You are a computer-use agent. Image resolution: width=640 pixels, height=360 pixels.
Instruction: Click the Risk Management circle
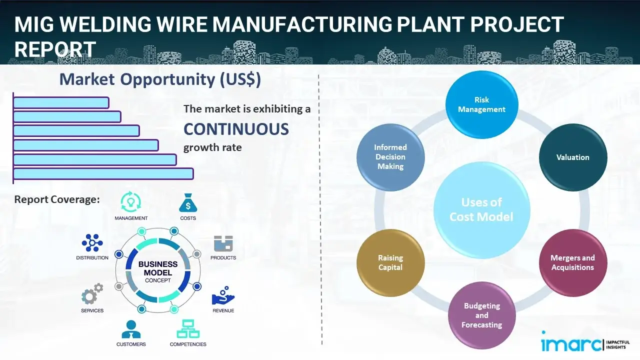coord(481,105)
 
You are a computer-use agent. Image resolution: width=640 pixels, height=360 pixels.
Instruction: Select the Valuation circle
coord(573,157)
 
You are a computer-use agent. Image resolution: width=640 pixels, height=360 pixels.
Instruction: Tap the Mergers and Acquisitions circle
coord(572,262)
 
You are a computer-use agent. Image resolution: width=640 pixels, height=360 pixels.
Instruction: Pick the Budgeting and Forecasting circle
coord(481,315)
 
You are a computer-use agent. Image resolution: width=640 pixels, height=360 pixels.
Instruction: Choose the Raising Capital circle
coord(390,262)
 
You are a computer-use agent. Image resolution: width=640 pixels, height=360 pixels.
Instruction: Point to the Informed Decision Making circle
coord(390,157)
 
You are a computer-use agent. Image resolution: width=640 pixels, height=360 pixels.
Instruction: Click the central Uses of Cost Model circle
coord(481,209)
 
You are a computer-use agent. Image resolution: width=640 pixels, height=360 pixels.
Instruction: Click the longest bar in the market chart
coord(103,173)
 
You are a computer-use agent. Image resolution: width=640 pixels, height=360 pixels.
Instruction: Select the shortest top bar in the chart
coord(61,102)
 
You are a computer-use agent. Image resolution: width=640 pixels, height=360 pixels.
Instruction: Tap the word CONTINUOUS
coord(236,129)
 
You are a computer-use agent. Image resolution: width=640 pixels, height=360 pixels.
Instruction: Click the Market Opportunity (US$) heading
coord(160,79)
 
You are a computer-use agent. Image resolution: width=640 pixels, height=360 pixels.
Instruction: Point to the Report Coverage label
coord(57,199)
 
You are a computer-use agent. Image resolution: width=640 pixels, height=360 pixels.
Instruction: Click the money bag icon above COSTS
coord(187,203)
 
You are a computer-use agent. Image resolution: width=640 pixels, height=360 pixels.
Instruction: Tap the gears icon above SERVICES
coord(92,294)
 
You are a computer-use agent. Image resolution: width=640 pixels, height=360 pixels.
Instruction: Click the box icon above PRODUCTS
coord(223,243)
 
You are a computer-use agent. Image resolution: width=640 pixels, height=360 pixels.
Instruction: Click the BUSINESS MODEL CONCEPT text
coord(158,272)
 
